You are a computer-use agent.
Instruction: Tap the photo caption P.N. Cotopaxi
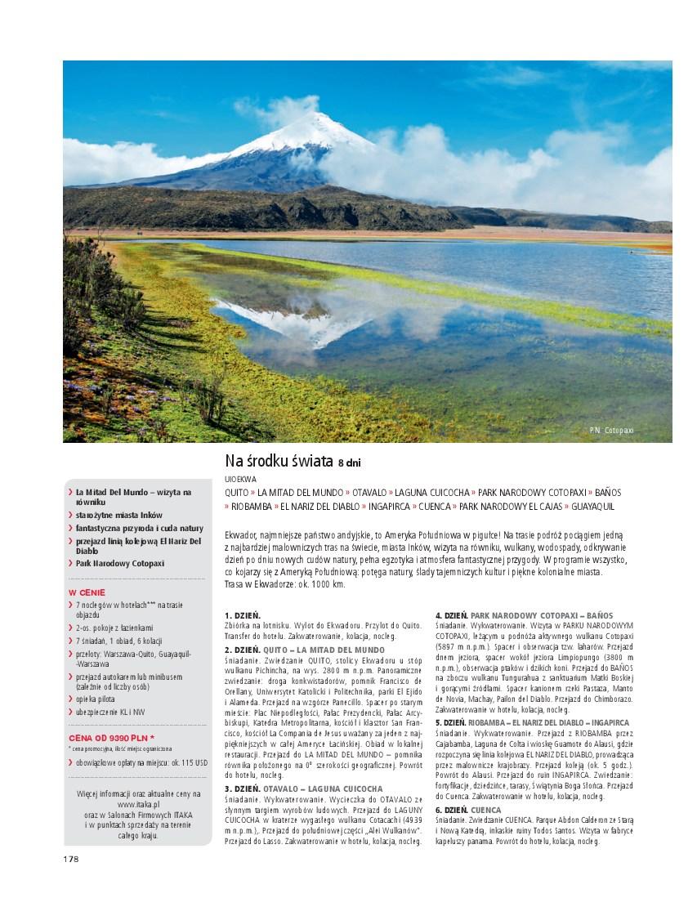pyautogui.click(x=611, y=431)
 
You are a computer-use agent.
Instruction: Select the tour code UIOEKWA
pyautogui.click(x=240, y=479)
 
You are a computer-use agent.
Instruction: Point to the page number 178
pyautogui.click(x=70, y=859)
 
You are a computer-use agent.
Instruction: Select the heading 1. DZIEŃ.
pyautogui.click(x=242, y=614)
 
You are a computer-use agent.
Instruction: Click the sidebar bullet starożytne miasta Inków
pyautogui.click(x=119, y=516)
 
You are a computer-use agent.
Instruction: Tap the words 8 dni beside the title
pyautogui.click(x=349, y=464)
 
